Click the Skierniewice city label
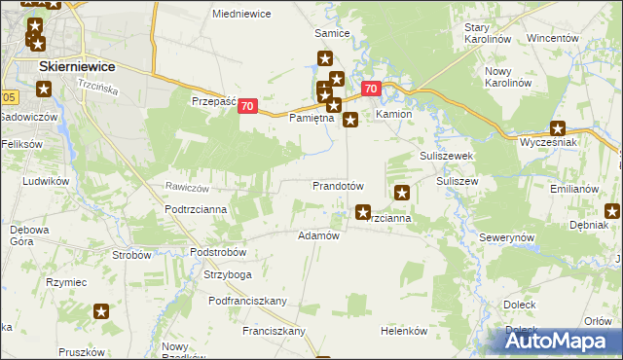tap(76, 65)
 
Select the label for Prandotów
tap(338, 185)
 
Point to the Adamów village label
tap(317, 235)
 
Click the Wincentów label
tap(553, 38)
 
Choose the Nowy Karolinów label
tap(511, 78)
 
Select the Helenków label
tap(404, 330)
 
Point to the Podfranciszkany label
tap(247, 301)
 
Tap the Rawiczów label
tap(188, 187)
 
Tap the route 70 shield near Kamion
tap(370, 89)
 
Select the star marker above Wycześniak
tap(558, 127)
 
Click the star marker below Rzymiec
tap(101, 312)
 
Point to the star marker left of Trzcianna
tap(363, 211)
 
